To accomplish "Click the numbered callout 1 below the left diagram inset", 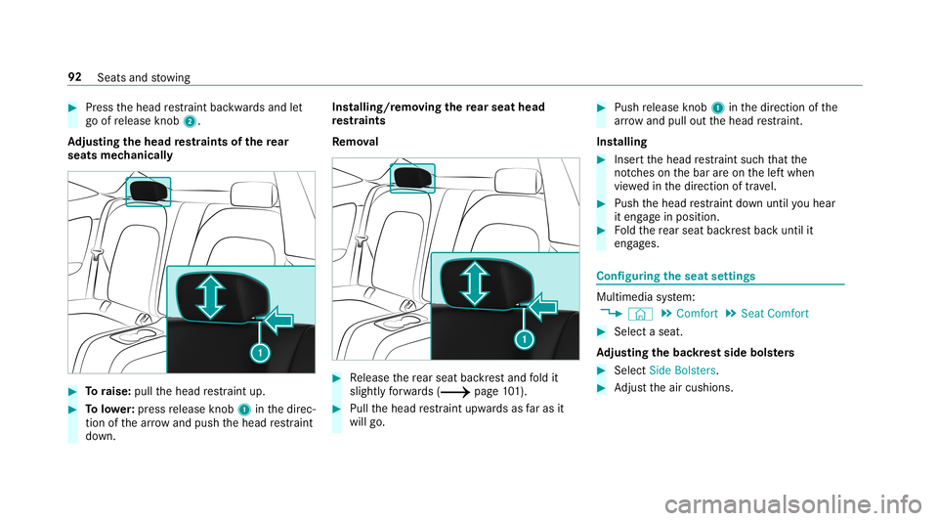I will pyautogui.click(x=260, y=351).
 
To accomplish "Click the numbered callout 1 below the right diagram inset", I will pyautogui.click(x=524, y=339).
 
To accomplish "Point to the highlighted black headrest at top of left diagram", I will pyautogui.click(x=149, y=190).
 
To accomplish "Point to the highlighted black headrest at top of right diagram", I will pyautogui.click(x=411, y=178).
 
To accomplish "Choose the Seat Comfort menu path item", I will pyautogui.click(x=777, y=314).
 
